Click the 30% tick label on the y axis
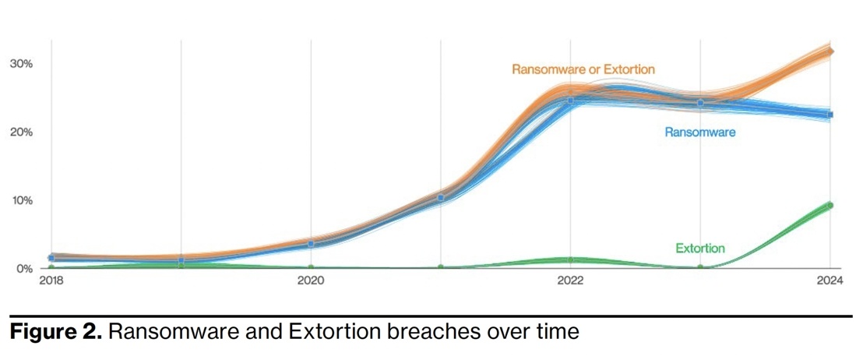[x=19, y=63]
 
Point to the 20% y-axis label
[x=19, y=132]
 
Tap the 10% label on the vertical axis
[x=19, y=200]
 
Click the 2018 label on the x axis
[x=51, y=282]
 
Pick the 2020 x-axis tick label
[x=311, y=282]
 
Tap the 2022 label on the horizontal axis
[x=570, y=282]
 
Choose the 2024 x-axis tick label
[x=829, y=282]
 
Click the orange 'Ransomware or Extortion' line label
[x=583, y=69]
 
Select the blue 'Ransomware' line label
[x=699, y=132]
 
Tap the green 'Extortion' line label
[x=699, y=249]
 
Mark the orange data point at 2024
[x=830, y=51]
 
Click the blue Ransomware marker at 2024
[x=830, y=115]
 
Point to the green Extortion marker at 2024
[x=830, y=206]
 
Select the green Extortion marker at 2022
[x=570, y=259]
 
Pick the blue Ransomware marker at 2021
[x=441, y=198]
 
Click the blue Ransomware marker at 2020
[x=311, y=245]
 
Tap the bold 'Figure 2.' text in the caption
[x=54, y=333]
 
